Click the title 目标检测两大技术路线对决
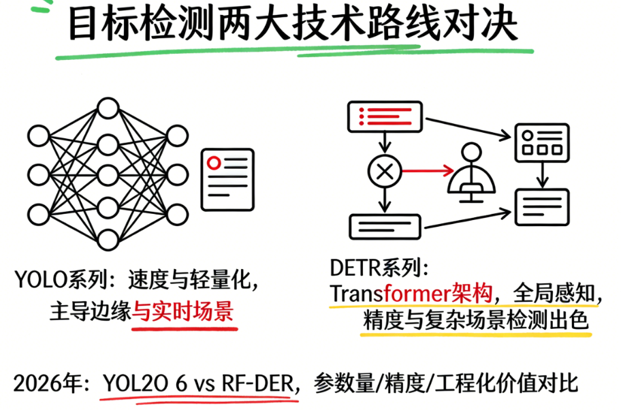coord(293,26)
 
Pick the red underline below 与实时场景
coord(184,328)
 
